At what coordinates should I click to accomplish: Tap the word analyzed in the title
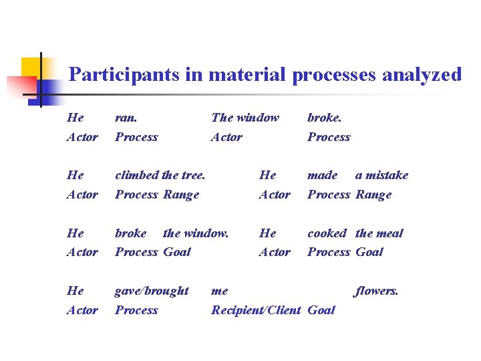[x=422, y=74]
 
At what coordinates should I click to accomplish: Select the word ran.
[x=126, y=118]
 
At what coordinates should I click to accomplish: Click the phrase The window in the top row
[x=245, y=118]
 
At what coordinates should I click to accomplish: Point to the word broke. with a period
[x=325, y=118]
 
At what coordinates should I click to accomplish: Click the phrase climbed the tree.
[x=160, y=175]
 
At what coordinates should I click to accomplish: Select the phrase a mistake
[x=381, y=175]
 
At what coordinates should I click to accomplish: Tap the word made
[x=322, y=175]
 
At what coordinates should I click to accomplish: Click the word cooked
[x=327, y=233]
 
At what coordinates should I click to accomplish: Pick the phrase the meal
[x=379, y=233]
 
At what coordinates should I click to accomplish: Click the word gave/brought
[x=152, y=291]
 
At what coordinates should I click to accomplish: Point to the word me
[x=219, y=291]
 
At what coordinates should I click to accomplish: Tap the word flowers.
[x=377, y=291]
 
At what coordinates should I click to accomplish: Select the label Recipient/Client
[x=256, y=310]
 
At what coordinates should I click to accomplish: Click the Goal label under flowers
[x=321, y=310]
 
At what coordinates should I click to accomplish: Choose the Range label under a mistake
[x=373, y=195]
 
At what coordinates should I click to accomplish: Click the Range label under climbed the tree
[x=181, y=195]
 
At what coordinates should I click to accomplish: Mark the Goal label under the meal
[x=369, y=252]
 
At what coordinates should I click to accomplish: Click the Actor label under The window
[x=226, y=137]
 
